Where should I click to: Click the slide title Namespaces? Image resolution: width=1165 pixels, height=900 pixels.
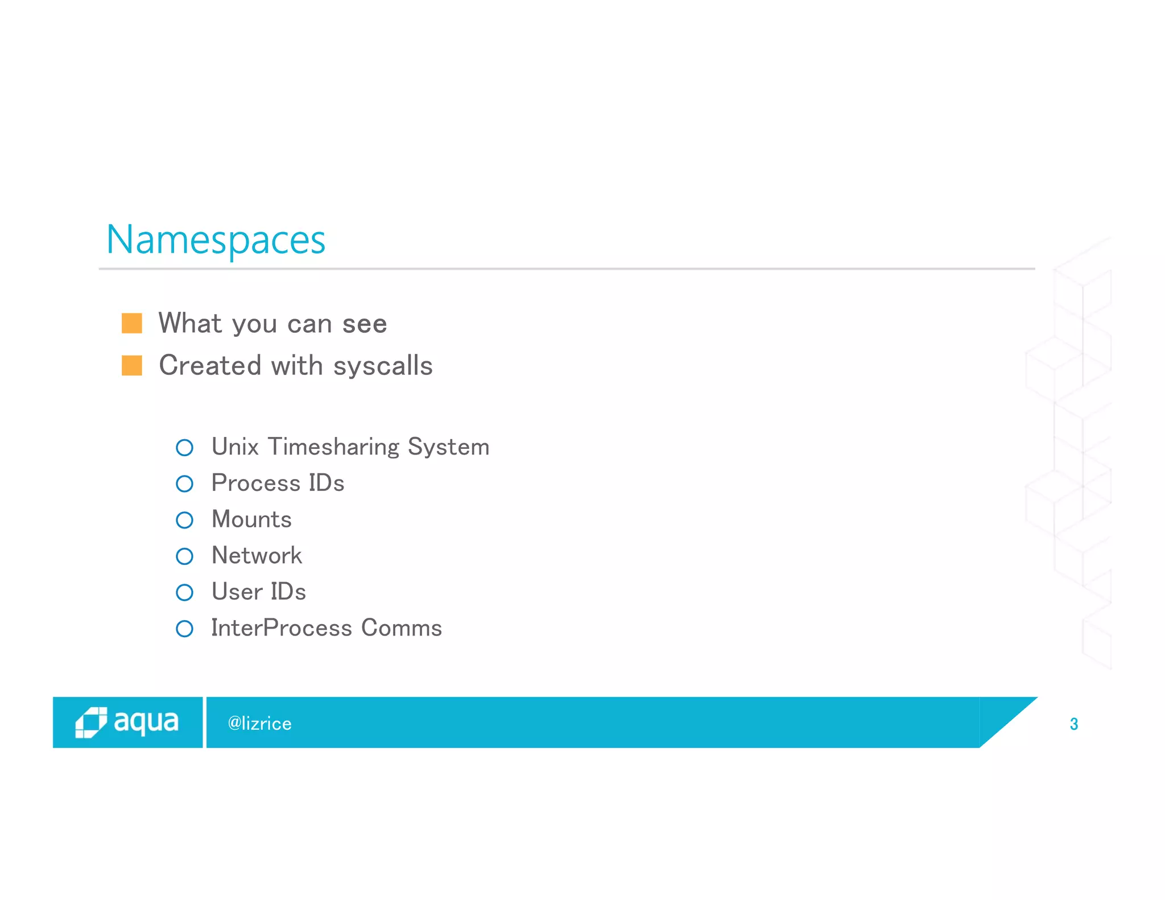click(x=216, y=240)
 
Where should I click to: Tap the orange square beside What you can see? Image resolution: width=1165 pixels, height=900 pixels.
click(x=132, y=323)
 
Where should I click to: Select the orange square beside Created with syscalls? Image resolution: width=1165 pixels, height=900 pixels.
click(x=132, y=366)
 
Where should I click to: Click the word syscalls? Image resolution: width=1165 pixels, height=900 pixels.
click(x=383, y=366)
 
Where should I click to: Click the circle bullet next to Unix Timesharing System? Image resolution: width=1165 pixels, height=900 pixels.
click(x=185, y=448)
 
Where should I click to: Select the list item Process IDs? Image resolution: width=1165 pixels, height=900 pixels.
click(x=278, y=484)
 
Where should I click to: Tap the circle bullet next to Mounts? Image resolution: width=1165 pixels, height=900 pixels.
click(x=185, y=520)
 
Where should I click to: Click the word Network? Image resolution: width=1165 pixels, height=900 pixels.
click(x=257, y=556)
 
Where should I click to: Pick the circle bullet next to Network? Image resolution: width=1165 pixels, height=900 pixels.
click(x=185, y=556)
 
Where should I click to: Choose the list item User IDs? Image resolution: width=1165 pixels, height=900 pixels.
click(x=259, y=592)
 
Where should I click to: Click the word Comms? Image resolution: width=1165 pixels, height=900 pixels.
click(x=401, y=628)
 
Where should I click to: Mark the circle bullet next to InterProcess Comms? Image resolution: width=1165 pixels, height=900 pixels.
click(x=185, y=629)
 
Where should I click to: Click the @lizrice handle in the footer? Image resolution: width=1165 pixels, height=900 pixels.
click(x=259, y=724)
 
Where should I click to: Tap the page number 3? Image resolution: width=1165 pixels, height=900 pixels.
click(x=1074, y=724)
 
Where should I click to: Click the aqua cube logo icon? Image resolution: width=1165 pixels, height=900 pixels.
click(x=91, y=723)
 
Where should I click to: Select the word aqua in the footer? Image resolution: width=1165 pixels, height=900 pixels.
click(x=146, y=722)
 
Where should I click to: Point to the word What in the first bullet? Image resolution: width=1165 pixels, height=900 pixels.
click(x=190, y=323)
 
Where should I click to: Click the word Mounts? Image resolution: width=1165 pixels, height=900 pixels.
click(x=251, y=520)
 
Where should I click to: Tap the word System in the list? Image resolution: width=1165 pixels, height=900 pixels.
click(x=448, y=447)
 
